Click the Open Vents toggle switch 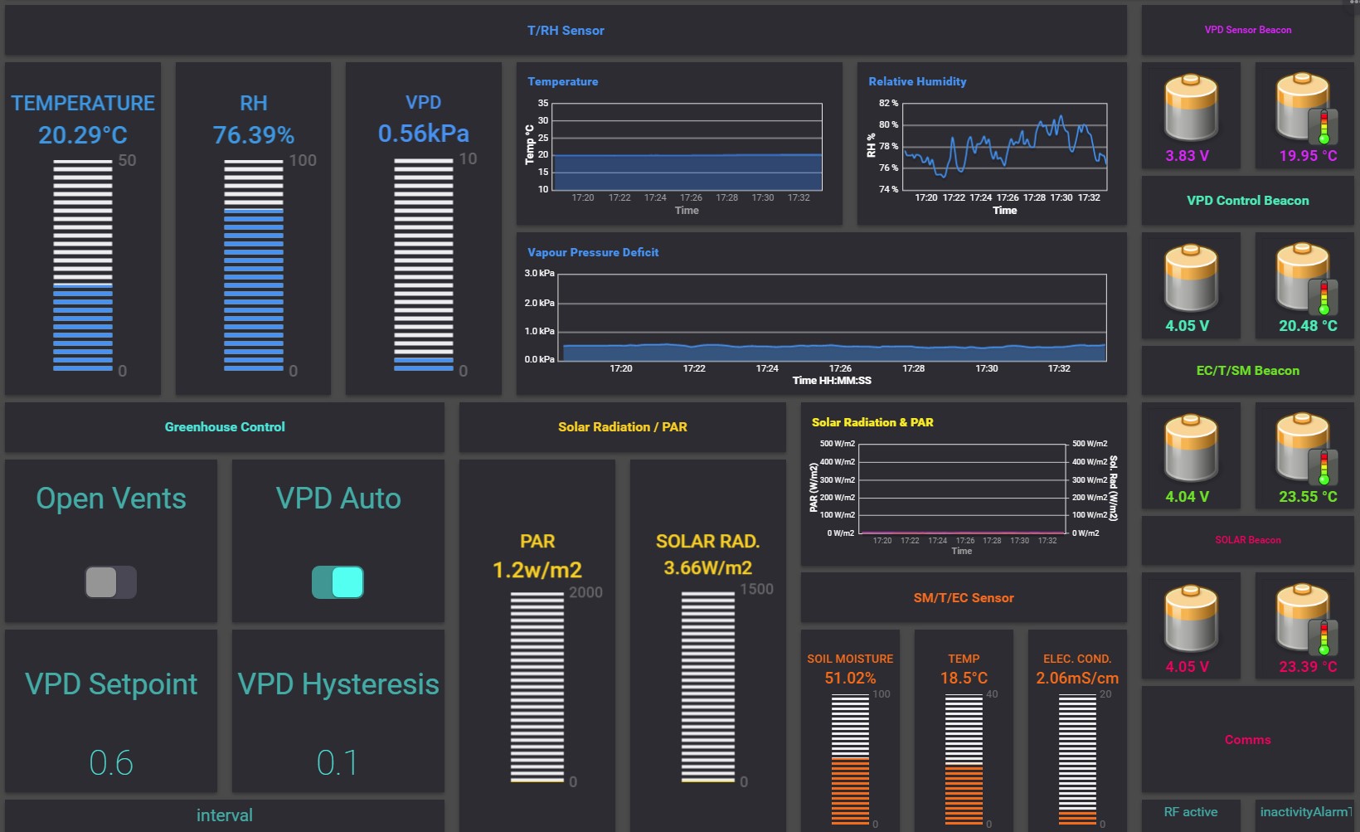pos(110,582)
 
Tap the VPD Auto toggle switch pos(338,582)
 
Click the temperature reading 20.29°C pos(83,135)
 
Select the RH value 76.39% pos(254,135)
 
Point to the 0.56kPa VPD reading pos(424,134)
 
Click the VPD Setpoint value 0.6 pos(111,763)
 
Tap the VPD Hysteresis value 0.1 pos(338,763)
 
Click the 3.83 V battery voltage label pos(1187,156)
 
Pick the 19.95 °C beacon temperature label pos(1308,156)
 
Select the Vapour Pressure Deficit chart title pos(593,252)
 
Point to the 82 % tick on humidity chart pos(888,104)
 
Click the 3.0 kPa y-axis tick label pos(539,273)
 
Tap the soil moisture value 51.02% pos(850,679)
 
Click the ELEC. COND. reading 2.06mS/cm pos(1077,679)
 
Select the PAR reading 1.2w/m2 pos(537,570)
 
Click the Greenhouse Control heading pos(225,427)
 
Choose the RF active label pos(1191,812)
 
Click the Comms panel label pos(1247,740)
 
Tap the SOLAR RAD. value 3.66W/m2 pos(707,568)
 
